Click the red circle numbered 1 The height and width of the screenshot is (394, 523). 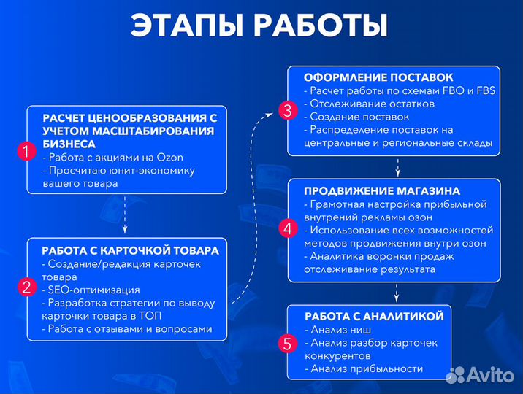[26, 152]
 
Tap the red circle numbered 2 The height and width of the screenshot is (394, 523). [26, 287]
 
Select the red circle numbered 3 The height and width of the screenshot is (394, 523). [287, 112]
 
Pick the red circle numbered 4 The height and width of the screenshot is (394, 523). [287, 229]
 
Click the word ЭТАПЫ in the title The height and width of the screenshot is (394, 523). [187, 26]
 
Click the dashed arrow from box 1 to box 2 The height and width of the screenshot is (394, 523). [126, 216]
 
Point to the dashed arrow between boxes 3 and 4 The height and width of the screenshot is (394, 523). [397, 167]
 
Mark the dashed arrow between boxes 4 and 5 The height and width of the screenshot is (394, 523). [397, 293]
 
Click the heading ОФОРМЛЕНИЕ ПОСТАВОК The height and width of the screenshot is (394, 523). [378, 77]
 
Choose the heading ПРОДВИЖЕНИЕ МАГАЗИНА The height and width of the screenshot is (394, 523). [382, 190]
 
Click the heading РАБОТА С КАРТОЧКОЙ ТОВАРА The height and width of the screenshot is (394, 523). [131, 250]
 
